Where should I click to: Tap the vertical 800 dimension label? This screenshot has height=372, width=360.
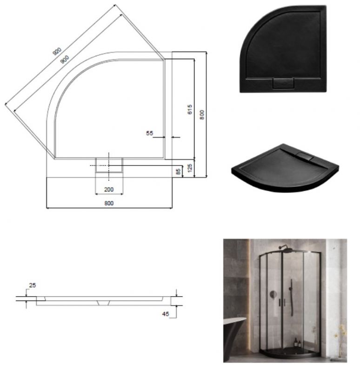pyautogui.click(x=201, y=114)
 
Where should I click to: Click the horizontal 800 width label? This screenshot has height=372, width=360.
pyautogui.click(x=109, y=203)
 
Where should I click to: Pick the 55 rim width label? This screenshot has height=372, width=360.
pyautogui.click(x=149, y=133)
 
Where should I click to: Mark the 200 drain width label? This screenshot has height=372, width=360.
pyautogui.click(x=109, y=190)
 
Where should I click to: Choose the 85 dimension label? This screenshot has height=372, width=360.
pyautogui.click(x=178, y=171)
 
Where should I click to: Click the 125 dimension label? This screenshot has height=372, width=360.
pyautogui.click(x=190, y=167)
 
